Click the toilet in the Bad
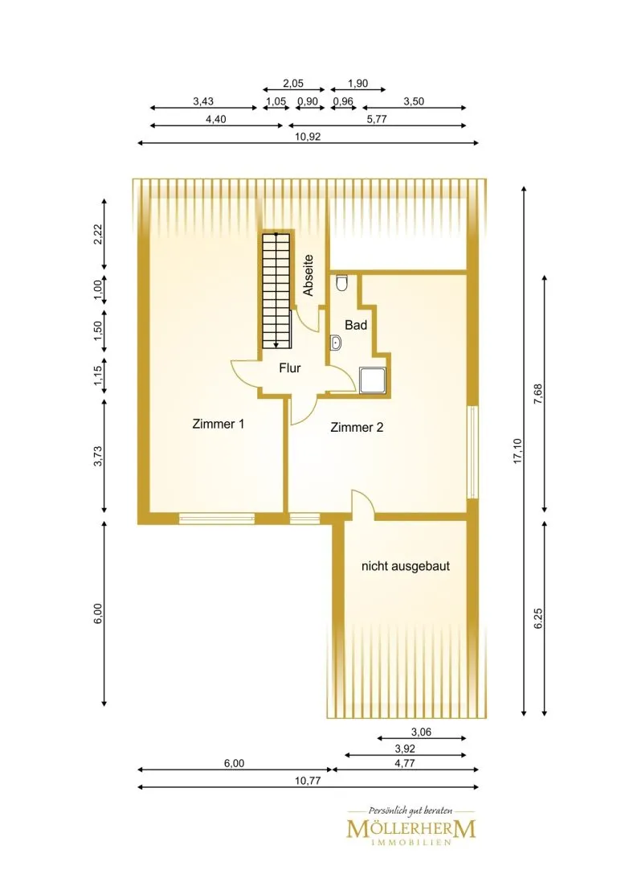click(x=342, y=284)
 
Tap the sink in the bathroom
click(x=335, y=343)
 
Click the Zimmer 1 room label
click(x=219, y=424)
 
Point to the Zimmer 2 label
click(x=357, y=428)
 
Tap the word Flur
click(x=289, y=368)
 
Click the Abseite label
click(x=308, y=275)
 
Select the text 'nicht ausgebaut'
click(x=406, y=566)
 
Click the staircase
click(x=276, y=290)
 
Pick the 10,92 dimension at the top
click(x=308, y=137)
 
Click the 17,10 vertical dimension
click(x=518, y=450)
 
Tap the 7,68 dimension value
click(x=538, y=393)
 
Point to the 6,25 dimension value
click(x=538, y=618)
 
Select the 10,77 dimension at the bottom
click(x=308, y=781)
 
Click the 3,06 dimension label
click(x=421, y=732)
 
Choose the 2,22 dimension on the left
click(x=98, y=234)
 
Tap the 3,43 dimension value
click(x=203, y=101)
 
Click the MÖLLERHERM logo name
click(x=411, y=828)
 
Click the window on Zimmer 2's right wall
click(x=472, y=452)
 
